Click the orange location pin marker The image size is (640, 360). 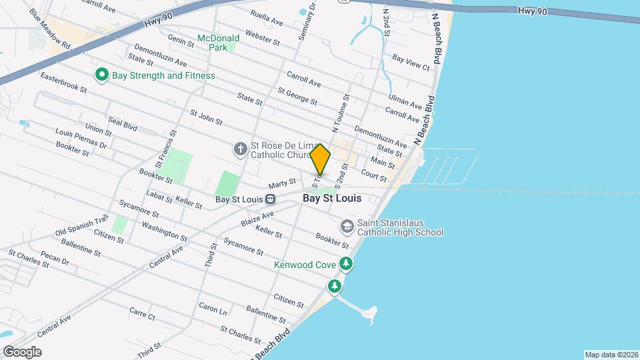pos(320,159)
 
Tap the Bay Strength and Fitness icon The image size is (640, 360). pos(102,75)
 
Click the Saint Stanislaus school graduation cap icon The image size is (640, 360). pos(346,226)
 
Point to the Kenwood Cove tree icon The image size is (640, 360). pos(346,264)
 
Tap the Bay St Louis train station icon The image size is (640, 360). pos(270,199)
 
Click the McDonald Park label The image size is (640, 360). pos(218,43)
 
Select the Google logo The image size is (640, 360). pos(22,351)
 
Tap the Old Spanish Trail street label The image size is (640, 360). pos(81,226)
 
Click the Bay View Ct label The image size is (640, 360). pos(411,63)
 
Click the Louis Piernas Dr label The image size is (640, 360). pos(81,138)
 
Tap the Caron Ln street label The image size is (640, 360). pos(213,309)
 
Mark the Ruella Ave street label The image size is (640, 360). pos(267,18)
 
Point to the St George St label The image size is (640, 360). pos(297,96)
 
